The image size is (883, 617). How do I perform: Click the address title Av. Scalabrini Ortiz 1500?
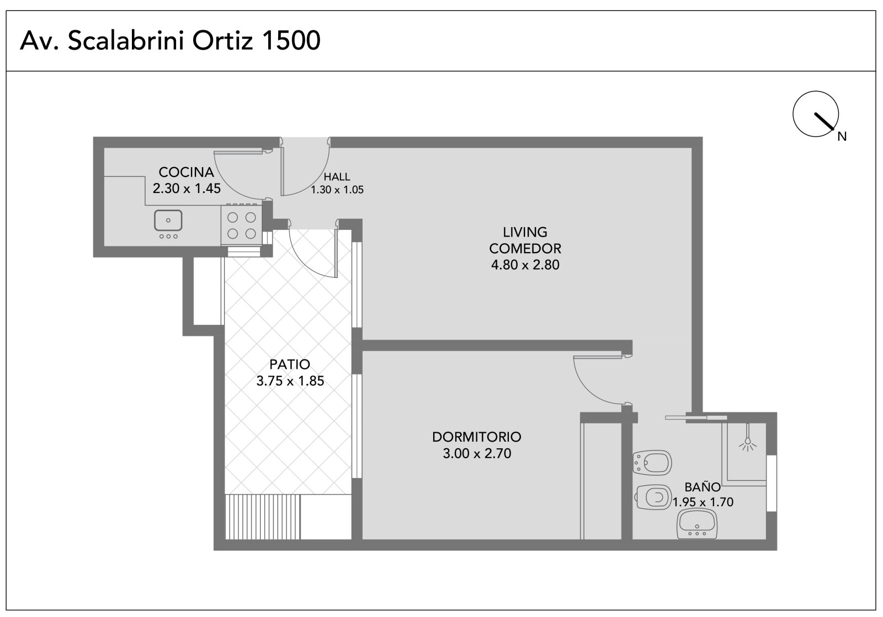click(x=170, y=40)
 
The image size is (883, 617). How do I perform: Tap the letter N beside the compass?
click(x=842, y=136)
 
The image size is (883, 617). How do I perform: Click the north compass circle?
click(x=815, y=114)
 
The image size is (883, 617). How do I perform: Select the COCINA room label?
click(x=186, y=172)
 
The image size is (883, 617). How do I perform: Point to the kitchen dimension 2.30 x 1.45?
click(x=187, y=189)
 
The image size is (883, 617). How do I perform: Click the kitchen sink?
click(x=168, y=221)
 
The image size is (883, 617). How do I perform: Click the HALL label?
click(x=337, y=177)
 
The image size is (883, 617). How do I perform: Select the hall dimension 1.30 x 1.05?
click(x=337, y=190)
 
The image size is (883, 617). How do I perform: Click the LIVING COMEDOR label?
click(x=525, y=240)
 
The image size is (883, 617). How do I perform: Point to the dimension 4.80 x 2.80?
click(x=525, y=265)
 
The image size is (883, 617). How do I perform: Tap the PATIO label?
click(x=290, y=364)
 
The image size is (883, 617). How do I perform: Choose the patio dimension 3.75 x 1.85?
click(x=290, y=381)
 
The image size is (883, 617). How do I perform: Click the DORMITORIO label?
click(x=477, y=437)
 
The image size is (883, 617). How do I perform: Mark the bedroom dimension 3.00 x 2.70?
click(x=477, y=453)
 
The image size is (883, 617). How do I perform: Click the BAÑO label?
click(x=703, y=487)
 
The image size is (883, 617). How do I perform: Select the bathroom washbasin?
click(x=697, y=524)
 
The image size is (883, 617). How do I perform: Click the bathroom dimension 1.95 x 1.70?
click(x=703, y=502)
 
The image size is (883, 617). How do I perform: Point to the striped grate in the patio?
click(x=263, y=517)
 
